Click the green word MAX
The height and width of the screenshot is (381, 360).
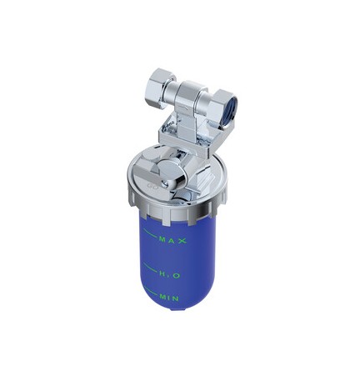(172, 240)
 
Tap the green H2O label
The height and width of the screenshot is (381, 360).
(170, 275)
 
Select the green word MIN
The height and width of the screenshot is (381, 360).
(169, 298)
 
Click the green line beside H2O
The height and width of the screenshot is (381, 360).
(150, 268)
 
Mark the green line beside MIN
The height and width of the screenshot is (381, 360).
(151, 291)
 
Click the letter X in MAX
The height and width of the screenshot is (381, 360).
(182, 241)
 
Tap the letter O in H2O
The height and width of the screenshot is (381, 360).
(177, 275)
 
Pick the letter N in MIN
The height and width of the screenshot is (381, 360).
(175, 298)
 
